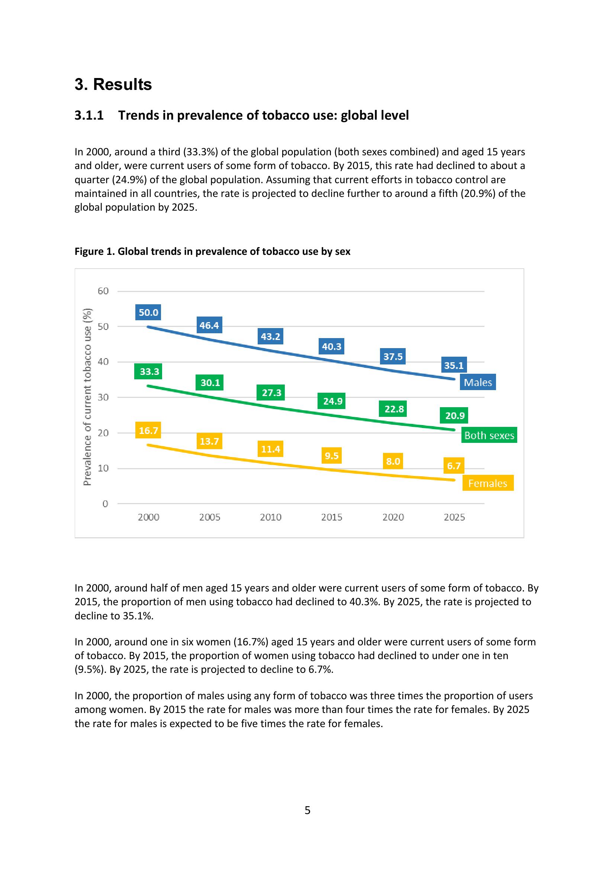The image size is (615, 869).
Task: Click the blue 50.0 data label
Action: coord(148,312)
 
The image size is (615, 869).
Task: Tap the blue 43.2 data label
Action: coord(270,337)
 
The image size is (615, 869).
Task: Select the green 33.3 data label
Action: coord(149,372)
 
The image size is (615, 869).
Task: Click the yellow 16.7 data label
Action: coord(148,430)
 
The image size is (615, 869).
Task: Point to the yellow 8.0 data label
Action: coord(393,461)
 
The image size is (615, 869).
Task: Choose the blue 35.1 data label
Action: coord(454,365)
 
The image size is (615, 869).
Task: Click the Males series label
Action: coord(478,382)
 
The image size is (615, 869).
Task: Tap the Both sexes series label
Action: coord(489,435)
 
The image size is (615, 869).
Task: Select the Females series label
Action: coord(487,483)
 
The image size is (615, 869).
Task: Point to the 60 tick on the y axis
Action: coord(103,291)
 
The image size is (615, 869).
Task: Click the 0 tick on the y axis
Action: coord(105,504)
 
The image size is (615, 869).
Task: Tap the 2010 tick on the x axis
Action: coord(270,517)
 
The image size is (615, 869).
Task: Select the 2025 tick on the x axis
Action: coord(454,517)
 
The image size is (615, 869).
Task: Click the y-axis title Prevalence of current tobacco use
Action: coord(87,397)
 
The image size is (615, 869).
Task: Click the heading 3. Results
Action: coord(113,84)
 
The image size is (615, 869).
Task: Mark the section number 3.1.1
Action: coord(89,116)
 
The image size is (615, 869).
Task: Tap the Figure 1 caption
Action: coord(212,251)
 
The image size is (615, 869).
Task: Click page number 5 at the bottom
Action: coord(307,810)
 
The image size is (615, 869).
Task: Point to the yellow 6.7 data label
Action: coord(454,466)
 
